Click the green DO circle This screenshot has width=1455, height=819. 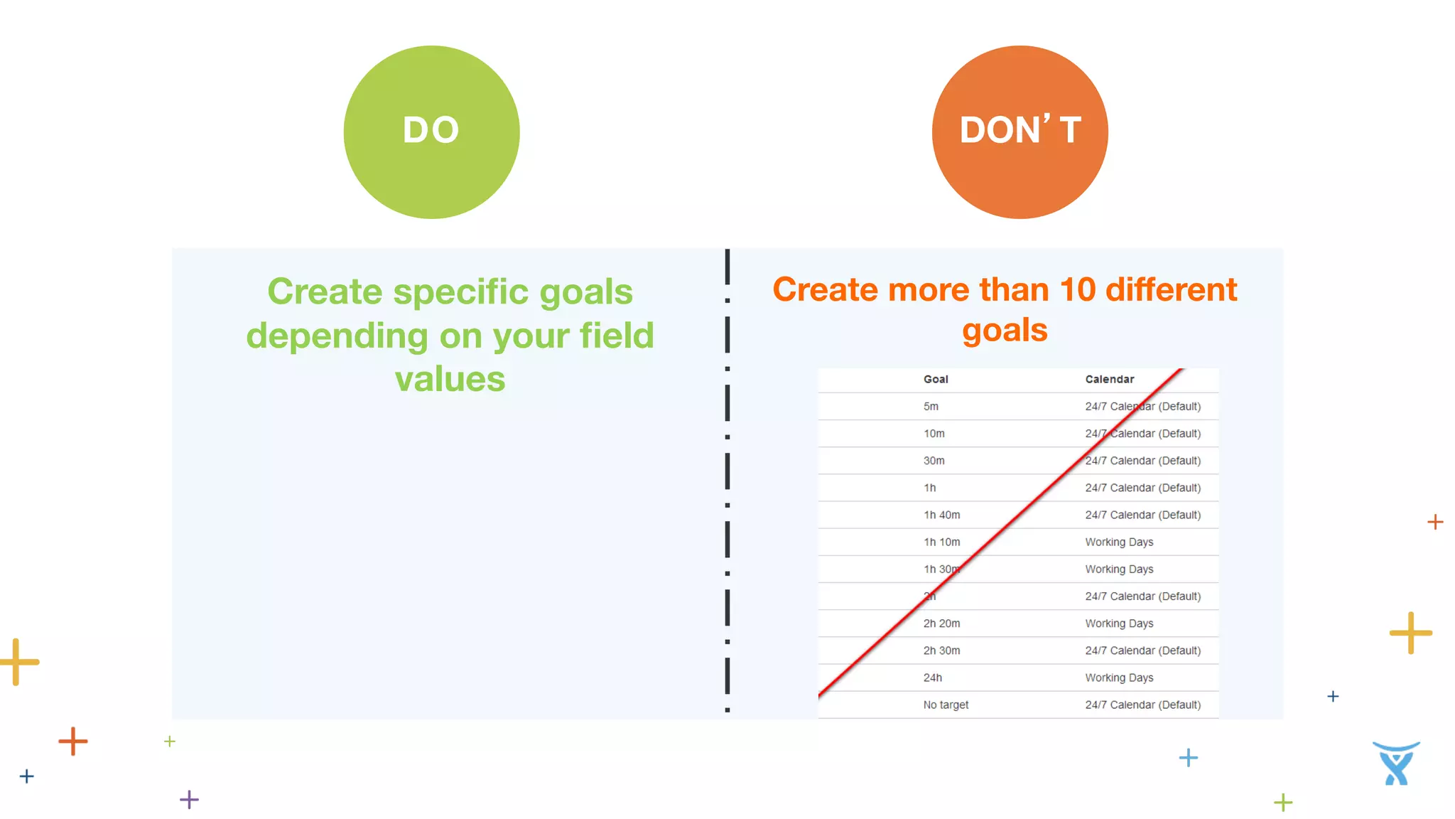point(431,132)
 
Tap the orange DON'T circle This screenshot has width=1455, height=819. point(1019,132)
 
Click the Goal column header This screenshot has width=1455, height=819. point(936,380)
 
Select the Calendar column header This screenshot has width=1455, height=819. point(1109,380)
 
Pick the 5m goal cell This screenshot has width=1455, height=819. point(931,407)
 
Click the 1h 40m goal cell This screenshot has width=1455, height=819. point(941,515)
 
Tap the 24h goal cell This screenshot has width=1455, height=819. point(932,678)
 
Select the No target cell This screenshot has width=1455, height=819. point(946,705)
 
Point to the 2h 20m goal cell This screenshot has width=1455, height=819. point(941,623)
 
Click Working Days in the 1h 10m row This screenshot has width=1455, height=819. point(1119,542)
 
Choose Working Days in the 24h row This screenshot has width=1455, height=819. point(1119,678)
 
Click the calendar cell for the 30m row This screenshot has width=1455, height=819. point(1142,461)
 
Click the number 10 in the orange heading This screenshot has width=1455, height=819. point(1077,290)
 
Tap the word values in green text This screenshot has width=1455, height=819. point(450,380)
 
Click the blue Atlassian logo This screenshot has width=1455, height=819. point(1396,764)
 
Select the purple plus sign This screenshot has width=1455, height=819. point(189,800)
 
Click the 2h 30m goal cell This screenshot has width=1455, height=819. point(941,651)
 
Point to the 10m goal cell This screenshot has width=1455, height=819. point(934,434)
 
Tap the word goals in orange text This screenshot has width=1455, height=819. point(1005,331)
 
